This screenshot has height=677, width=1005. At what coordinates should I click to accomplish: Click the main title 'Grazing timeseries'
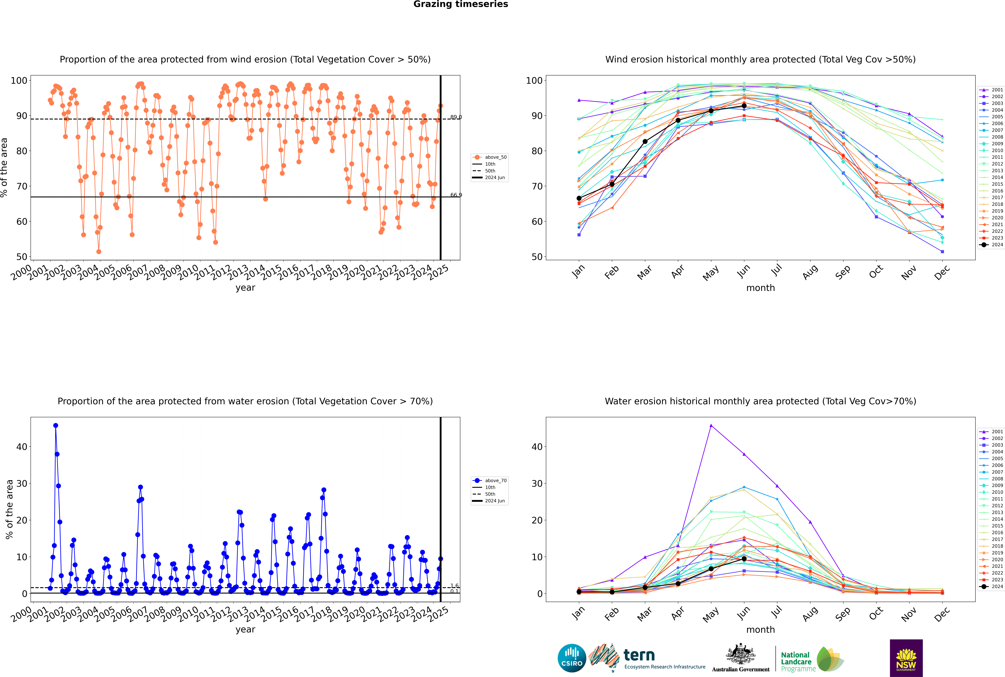[461, 4]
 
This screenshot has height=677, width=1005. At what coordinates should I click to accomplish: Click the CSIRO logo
[572, 658]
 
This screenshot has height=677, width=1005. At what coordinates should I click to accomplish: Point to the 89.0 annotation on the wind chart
[456, 117]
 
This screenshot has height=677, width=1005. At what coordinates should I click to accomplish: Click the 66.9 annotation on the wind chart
[456, 195]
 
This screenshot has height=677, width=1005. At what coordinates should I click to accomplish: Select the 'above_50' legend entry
[490, 157]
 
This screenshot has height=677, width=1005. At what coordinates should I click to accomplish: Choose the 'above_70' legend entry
[490, 481]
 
